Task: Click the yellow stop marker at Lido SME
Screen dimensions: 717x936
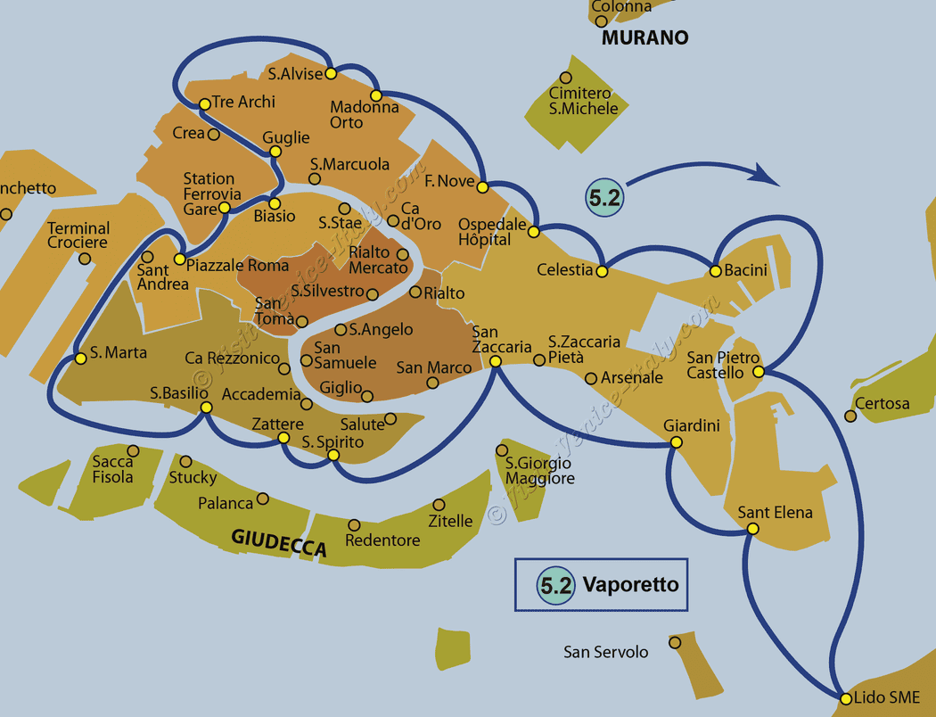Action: [x=845, y=698]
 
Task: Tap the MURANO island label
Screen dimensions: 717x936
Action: [x=645, y=37]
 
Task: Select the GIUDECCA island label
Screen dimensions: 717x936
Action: [x=279, y=543]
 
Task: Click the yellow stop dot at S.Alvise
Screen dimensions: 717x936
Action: [x=331, y=73]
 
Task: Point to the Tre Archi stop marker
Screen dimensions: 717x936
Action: [x=204, y=103]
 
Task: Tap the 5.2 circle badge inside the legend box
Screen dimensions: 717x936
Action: [x=555, y=585]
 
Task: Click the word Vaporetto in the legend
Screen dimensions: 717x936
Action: [x=630, y=585]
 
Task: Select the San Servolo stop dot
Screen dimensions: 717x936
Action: [x=675, y=642]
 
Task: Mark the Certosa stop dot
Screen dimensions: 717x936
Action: [x=850, y=416]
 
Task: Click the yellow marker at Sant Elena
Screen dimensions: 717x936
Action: [x=752, y=529]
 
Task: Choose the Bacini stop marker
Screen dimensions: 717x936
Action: [x=715, y=270]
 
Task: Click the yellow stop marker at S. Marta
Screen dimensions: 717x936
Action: [x=80, y=358]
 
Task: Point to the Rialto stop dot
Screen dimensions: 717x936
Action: [x=415, y=292]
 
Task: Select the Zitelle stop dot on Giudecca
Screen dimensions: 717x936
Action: [x=438, y=505]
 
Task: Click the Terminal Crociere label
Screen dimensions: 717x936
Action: [x=78, y=235]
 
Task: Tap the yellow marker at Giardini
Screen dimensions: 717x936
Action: [x=676, y=442]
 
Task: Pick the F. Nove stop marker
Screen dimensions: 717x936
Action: [x=482, y=187]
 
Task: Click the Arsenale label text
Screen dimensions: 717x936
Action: [x=632, y=377]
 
